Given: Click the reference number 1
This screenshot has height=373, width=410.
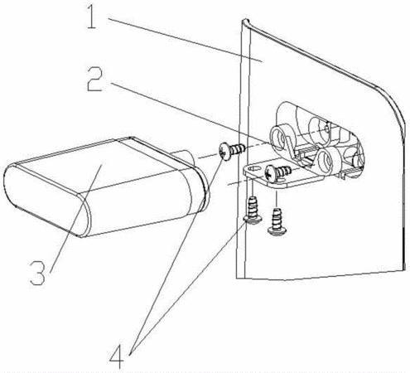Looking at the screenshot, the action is coord(91,17).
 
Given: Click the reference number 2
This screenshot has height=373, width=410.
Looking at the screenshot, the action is coord(95,79).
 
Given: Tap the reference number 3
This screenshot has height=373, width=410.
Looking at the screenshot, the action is coord(38,273).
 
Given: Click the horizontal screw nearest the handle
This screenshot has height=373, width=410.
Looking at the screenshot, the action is coord(231,150).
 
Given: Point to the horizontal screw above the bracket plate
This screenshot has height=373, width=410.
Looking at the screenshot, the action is coord(277,172).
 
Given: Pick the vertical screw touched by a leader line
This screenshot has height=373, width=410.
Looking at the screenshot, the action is coord(253,211).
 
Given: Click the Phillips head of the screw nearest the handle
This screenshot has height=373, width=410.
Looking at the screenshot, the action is coord(225,152).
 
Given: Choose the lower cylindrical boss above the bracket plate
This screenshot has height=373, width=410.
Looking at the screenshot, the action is coord(327,161).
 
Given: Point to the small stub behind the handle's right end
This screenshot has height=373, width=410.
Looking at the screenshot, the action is coord(183,158).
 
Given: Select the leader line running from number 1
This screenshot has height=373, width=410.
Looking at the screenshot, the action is coord(185,40).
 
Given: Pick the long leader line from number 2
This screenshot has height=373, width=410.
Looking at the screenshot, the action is coord(191,113).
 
